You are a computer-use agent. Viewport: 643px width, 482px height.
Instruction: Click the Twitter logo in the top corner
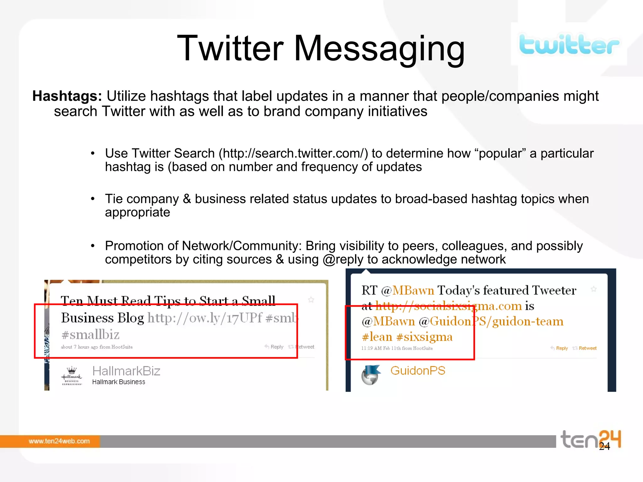coord(569,45)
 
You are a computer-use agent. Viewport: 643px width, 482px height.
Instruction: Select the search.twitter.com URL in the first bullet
coord(293,154)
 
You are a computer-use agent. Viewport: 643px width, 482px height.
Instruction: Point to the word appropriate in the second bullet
coord(138,213)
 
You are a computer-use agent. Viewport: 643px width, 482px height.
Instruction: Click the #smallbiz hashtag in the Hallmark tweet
coord(90,335)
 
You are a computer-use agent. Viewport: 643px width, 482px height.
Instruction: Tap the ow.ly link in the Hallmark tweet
coord(205,318)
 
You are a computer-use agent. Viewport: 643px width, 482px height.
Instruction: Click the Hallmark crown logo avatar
coord(72,375)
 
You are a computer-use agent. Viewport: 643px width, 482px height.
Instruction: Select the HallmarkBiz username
coord(126,371)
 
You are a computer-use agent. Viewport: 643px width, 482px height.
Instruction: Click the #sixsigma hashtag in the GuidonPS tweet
coord(424,337)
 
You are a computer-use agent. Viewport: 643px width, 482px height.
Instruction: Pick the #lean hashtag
coord(377,337)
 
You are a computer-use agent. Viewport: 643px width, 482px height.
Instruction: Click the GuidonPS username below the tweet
coord(418,371)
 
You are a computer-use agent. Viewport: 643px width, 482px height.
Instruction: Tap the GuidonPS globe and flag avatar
coord(371,375)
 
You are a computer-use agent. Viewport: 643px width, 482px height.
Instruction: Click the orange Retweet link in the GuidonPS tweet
coord(587,348)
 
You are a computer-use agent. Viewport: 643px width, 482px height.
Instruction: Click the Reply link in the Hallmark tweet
coord(277,347)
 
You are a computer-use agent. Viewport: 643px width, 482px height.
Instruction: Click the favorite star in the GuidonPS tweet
coord(593,289)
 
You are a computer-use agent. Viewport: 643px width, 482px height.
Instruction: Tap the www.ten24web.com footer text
coord(59,441)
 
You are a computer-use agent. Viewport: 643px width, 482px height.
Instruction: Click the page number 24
coord(604,446)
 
